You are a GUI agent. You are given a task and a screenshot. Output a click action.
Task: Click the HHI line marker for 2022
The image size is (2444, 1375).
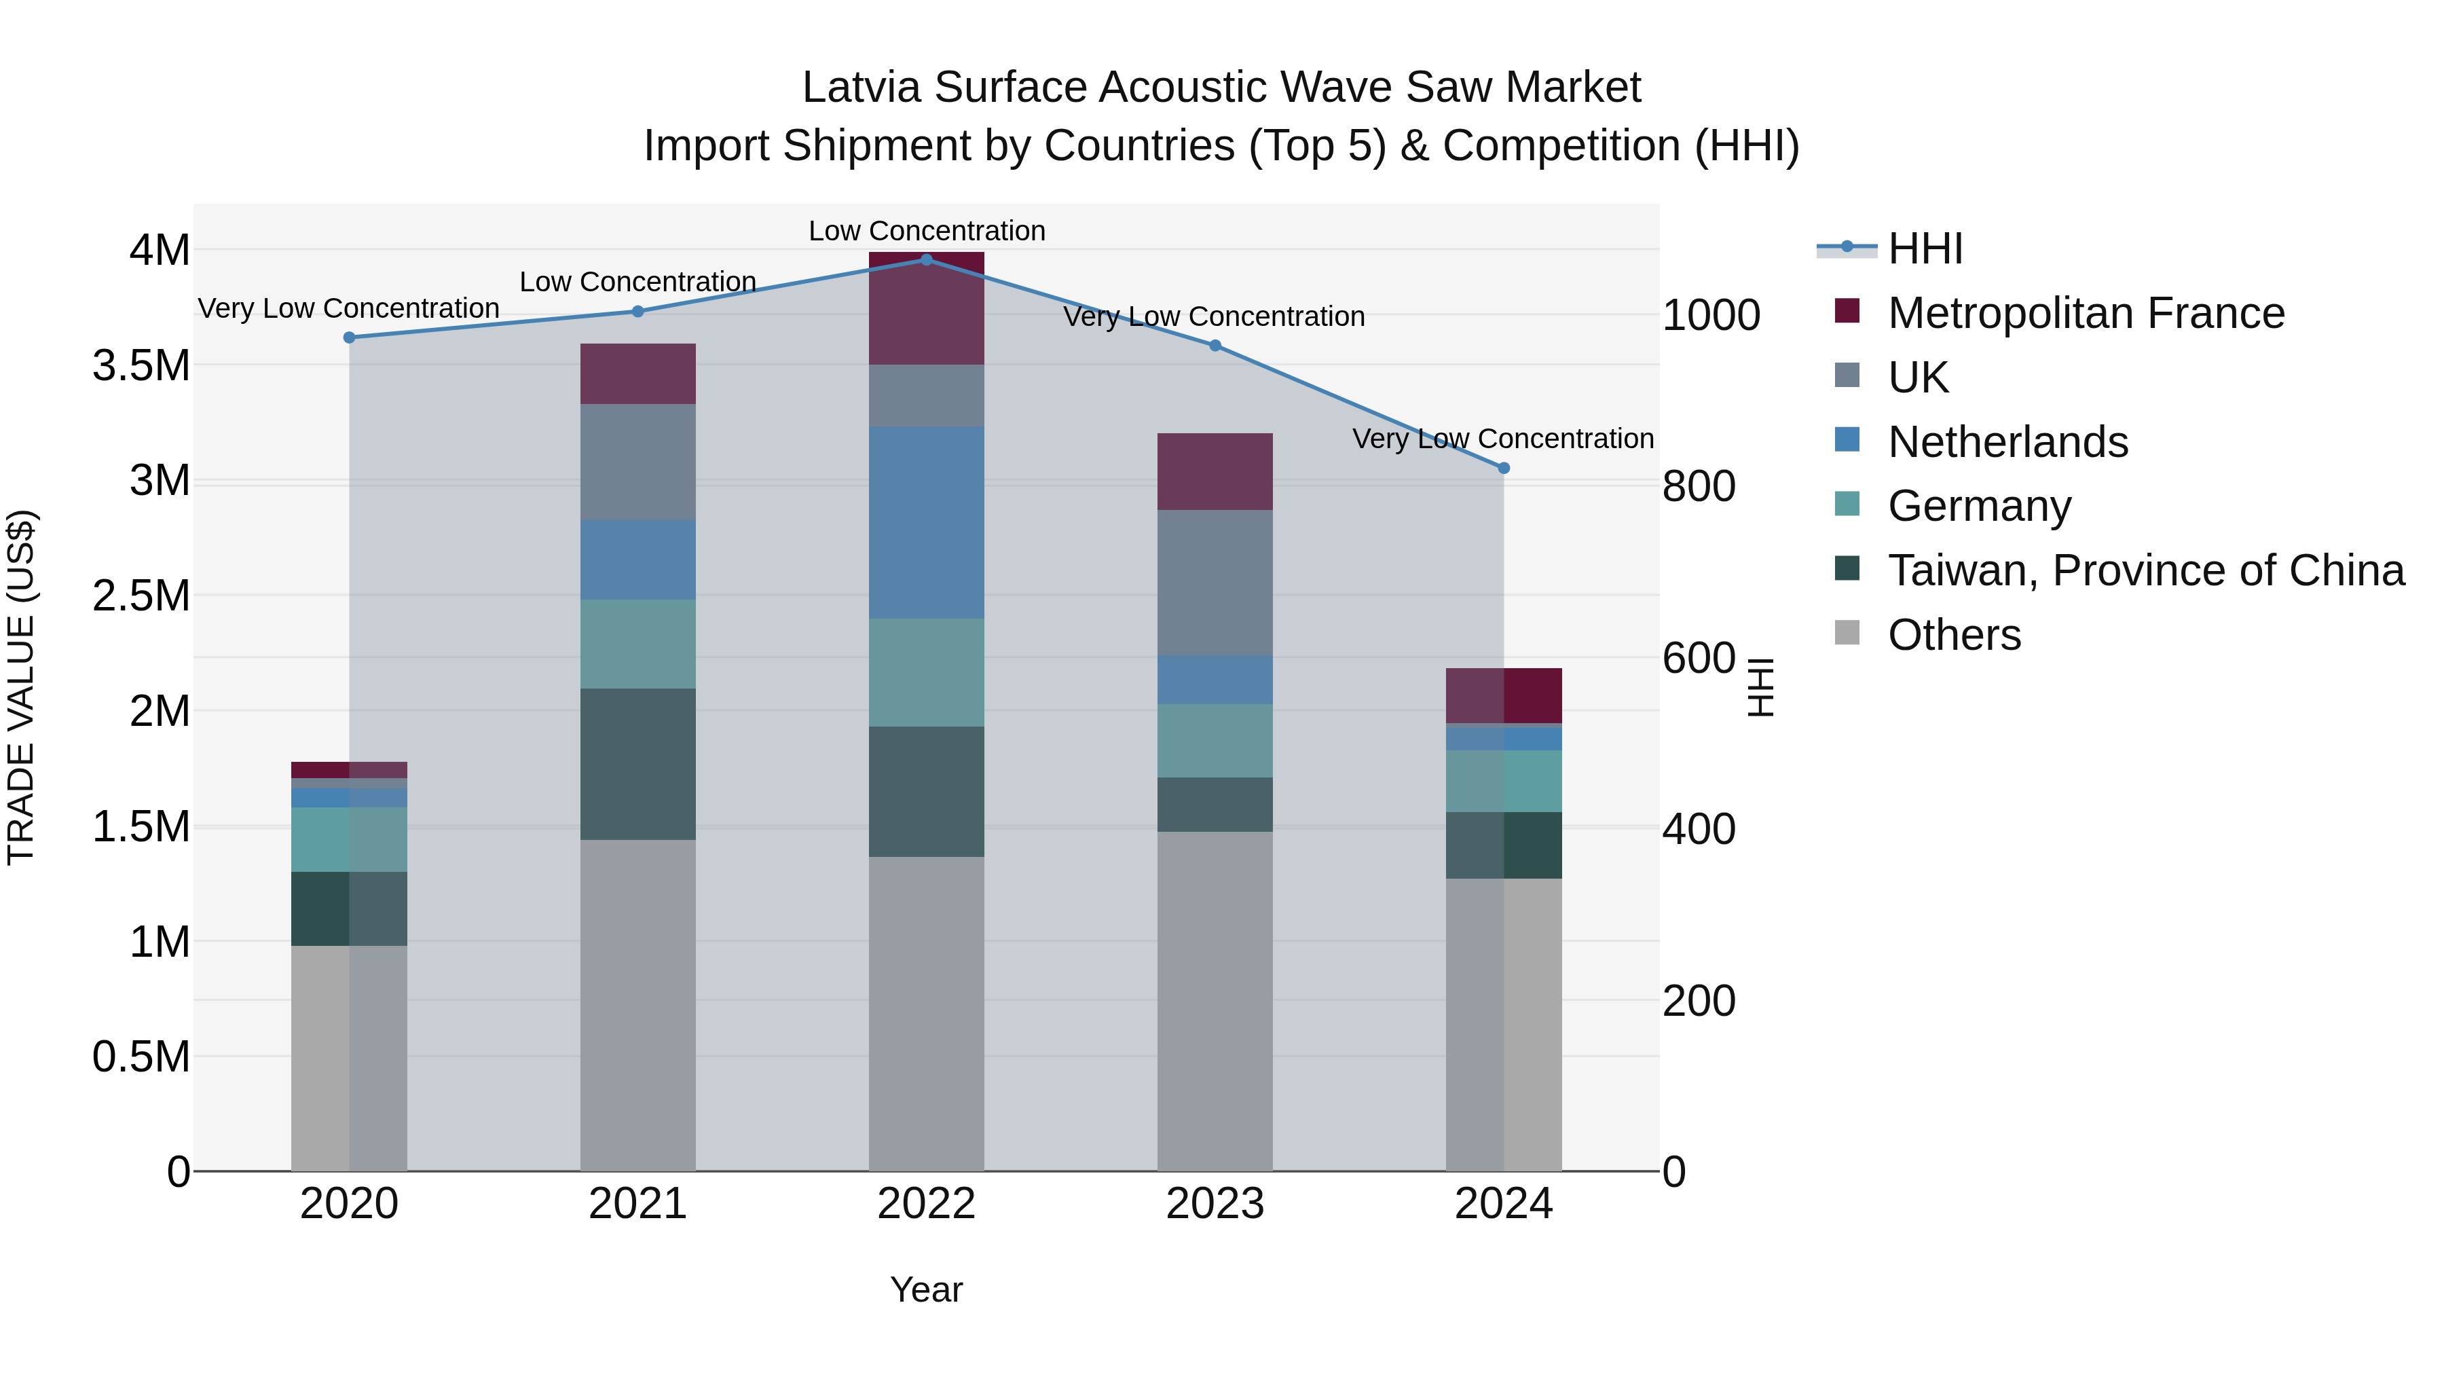click(x=926, y=259)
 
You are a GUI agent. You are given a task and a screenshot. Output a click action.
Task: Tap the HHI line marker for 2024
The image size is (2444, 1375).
click(x=1503, y=468)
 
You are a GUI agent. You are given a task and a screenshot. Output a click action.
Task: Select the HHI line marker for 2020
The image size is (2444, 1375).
click(x=349, y=337)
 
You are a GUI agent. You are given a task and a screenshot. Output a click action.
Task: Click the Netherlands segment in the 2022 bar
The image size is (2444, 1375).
click(x=926, y=522)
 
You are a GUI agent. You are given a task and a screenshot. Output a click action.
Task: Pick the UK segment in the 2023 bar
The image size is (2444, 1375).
click(x=1215, y=582)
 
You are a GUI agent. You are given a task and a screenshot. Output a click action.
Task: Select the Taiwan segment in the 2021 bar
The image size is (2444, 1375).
click(x=637, y=763)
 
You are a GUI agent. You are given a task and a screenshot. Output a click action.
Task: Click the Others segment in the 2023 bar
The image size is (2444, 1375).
click(x=1215, y=1000)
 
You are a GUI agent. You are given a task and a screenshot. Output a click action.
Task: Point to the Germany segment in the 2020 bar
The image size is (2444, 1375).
click(x=349, y=839)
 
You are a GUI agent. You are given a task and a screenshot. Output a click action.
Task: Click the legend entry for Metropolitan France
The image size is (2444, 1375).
click(x=2086, y=313)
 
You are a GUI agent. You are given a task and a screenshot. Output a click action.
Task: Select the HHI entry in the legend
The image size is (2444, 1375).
click(x=1924, y=249)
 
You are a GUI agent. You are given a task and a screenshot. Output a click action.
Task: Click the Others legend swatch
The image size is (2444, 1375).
click(x=1847, y=633)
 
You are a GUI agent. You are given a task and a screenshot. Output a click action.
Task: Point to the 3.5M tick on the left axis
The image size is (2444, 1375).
click(x=141, y=365)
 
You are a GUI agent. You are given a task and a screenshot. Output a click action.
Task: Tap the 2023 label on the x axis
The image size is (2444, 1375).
click(x=1215, y=1204)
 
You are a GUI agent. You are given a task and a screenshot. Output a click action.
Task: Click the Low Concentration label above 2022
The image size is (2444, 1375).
click(x=926, y=231)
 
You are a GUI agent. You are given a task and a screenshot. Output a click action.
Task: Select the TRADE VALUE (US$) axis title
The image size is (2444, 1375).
click(x=21, y=687)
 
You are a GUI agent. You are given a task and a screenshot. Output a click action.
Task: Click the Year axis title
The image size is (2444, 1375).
click(x=926, y=1289)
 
